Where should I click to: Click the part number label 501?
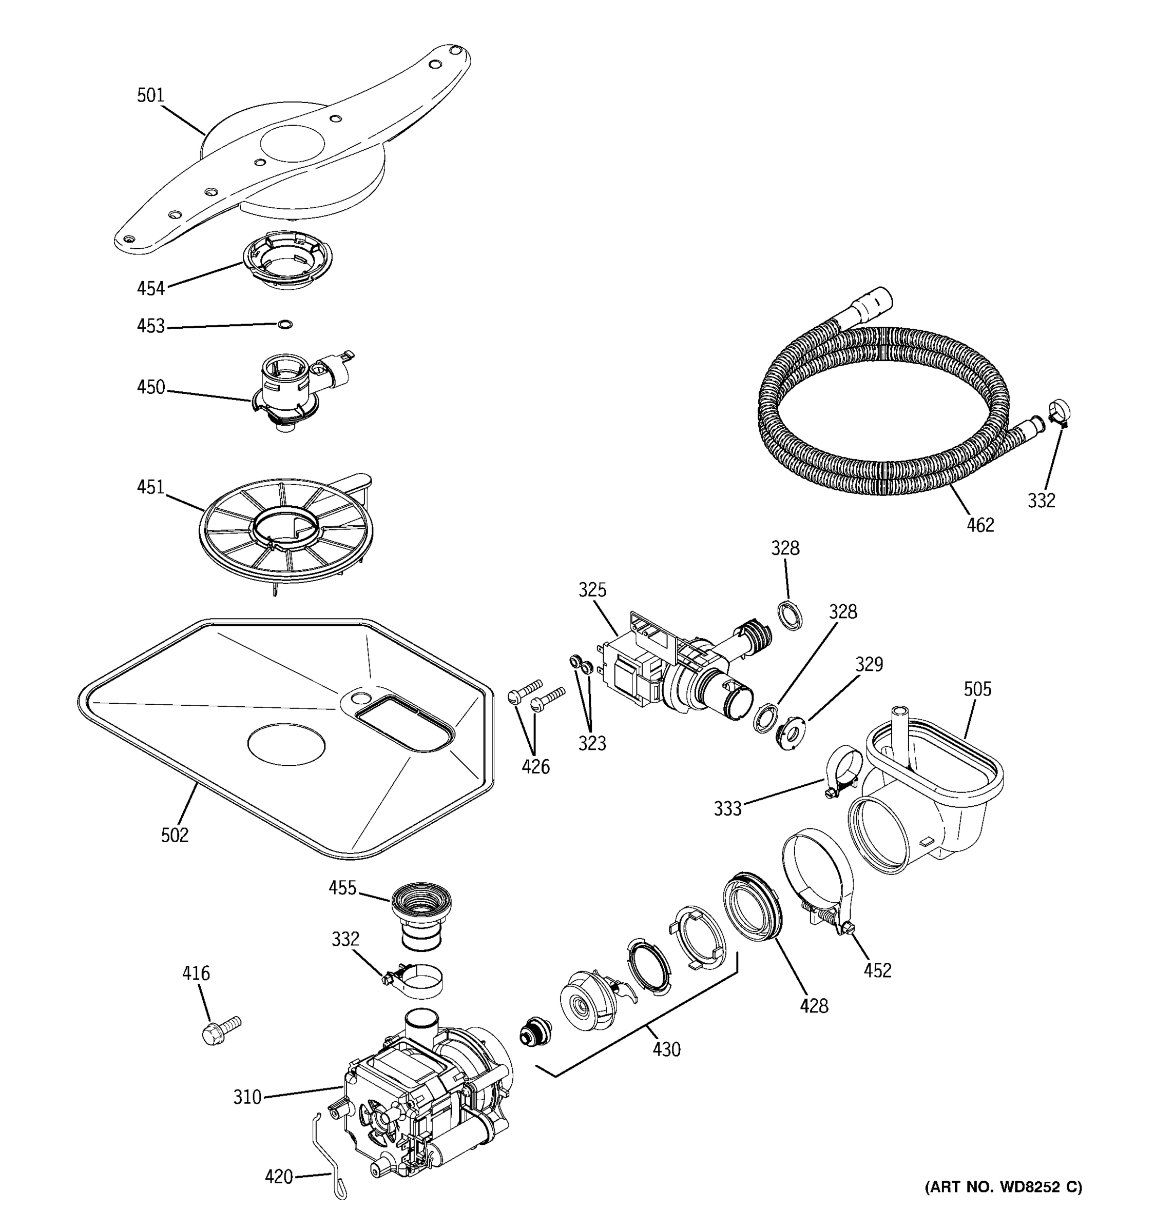[150, 95]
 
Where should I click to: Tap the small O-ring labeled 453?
[285, 325]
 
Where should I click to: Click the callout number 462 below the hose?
[980, 525]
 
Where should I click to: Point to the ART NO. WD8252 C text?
[1003, 1186]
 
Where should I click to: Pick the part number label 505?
[977, 689]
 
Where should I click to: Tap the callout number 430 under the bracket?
[667, 1049]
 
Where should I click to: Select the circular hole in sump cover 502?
[286, 744]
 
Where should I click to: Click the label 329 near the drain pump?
[869, 664]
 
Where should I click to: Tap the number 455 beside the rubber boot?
[342, 888]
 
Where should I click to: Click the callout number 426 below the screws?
[535, 767]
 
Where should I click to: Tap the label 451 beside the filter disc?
[150, 487]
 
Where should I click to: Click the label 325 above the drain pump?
[592, 590]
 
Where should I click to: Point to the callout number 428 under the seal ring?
[814, 1006]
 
